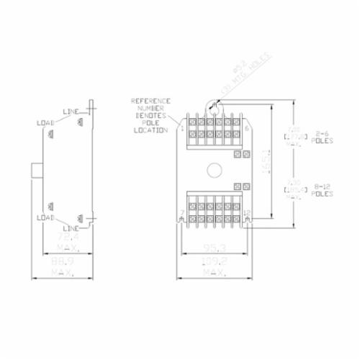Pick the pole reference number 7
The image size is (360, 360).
[x=182, y=212]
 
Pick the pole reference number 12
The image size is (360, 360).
[x=247, y=212]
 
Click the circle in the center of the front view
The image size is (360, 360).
[x=215, y=171]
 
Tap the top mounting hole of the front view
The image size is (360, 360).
[x=215, y=106]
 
